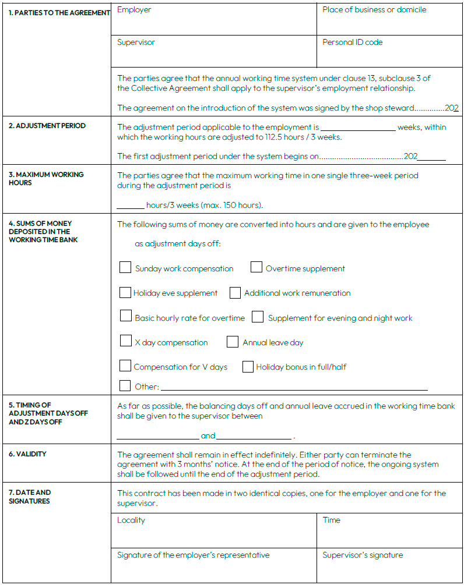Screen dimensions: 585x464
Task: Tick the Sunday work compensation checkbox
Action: point(125,268)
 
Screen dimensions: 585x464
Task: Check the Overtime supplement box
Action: point(256,267)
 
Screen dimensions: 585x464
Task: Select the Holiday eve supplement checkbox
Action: point(125,292)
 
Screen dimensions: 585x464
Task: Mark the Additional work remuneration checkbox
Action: point(235,293)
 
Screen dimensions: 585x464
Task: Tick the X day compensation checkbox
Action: point(125,341)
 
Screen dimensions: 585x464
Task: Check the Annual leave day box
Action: point(233,342)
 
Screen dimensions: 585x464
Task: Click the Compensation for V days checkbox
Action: point(125,366)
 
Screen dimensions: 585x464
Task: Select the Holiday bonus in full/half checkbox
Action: point(248,366)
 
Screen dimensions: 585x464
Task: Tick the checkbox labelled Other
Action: point(125,385)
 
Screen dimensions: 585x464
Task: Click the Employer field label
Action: point(134,10)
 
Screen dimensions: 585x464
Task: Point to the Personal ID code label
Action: point(352,42)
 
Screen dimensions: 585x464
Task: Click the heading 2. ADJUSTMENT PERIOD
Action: point(47,126)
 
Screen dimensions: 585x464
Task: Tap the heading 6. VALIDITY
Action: point(27,454)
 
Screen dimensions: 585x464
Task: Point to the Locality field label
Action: point(131,520)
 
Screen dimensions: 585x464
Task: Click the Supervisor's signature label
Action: point(363,555)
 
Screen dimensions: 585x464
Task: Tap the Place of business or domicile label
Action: point(374,10)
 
